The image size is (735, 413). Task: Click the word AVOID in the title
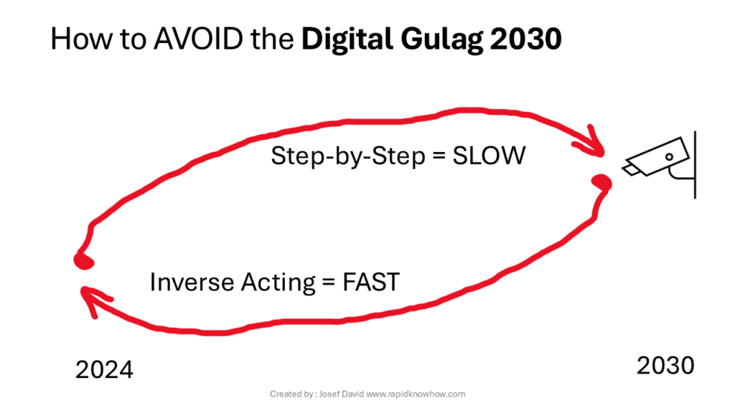click(198, 39)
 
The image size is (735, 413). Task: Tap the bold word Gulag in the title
click(441, 40)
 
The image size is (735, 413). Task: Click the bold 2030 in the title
click(526, 39)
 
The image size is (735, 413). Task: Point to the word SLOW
click(489, 156)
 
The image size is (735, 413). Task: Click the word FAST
click(371, 282)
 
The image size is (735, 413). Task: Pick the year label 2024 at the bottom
click(104, 370)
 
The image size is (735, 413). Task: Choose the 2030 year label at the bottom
click(665, 365)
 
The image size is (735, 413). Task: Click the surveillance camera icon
click(660, 164)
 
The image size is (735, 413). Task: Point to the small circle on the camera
click(670, 157)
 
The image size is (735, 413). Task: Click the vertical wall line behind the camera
click(695, 165)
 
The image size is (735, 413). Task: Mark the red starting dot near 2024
click(84, 261)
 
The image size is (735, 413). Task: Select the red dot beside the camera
click(602, 182)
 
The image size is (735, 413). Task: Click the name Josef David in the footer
click(341, 394)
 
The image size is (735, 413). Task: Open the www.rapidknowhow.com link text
click(416, 394)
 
